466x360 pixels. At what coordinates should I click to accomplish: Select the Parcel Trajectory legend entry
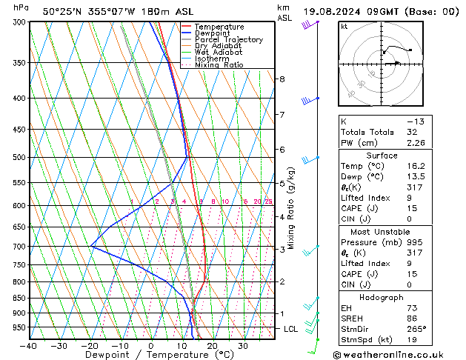coord(228,40)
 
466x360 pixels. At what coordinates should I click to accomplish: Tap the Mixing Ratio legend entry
coord(219,65)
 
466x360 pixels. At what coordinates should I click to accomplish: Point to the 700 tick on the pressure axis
coord(19,246)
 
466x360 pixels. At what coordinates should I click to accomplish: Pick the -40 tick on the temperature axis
coord(29,346)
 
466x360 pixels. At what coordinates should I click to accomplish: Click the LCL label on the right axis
coord(291,329)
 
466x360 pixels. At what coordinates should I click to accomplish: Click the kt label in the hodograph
coord(344,27)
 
